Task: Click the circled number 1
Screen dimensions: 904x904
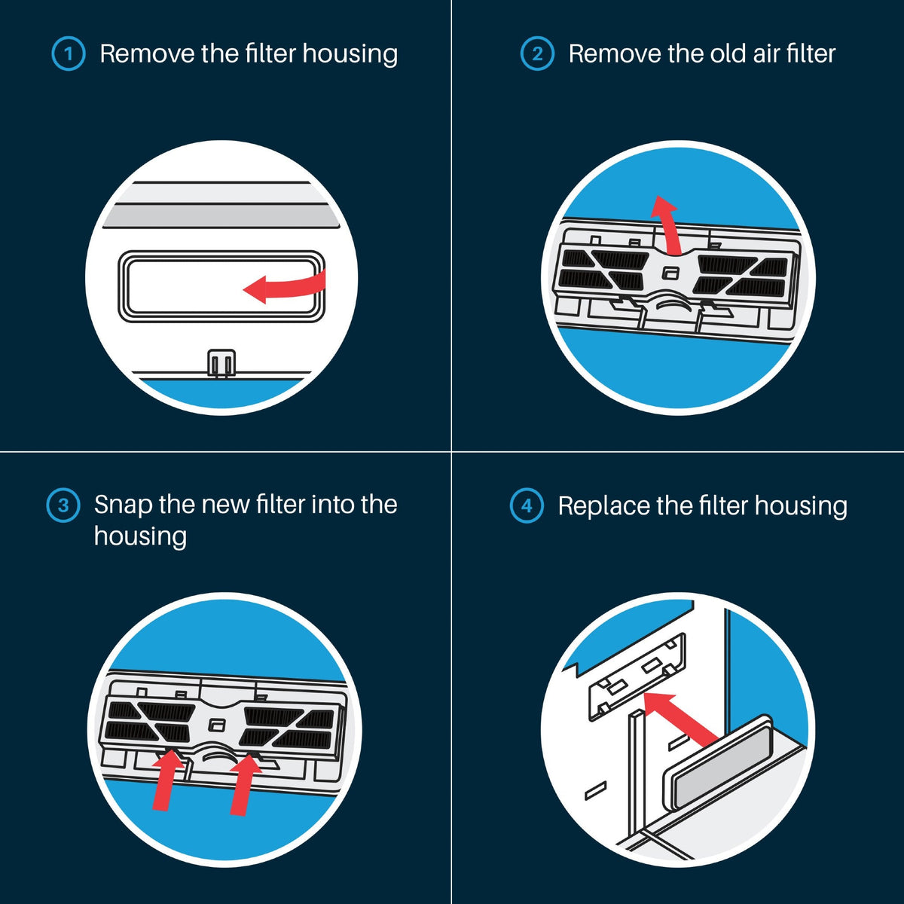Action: tap(69, 53)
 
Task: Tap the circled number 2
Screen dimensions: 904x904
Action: tap(537, 53)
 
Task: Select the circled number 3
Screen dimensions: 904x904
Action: tap(63, 505)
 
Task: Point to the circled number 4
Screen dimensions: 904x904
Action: tap(527, 505)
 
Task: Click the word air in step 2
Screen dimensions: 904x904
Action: tap(767, 53)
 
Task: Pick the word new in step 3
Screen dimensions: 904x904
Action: tap(226, 505)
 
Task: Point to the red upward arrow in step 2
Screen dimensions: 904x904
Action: tap(667, 226)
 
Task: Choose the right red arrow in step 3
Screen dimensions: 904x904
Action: tap(244, 783)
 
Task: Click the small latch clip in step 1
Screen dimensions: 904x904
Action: tap(221, 362)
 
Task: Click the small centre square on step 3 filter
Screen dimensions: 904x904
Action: tap(216, 725)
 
